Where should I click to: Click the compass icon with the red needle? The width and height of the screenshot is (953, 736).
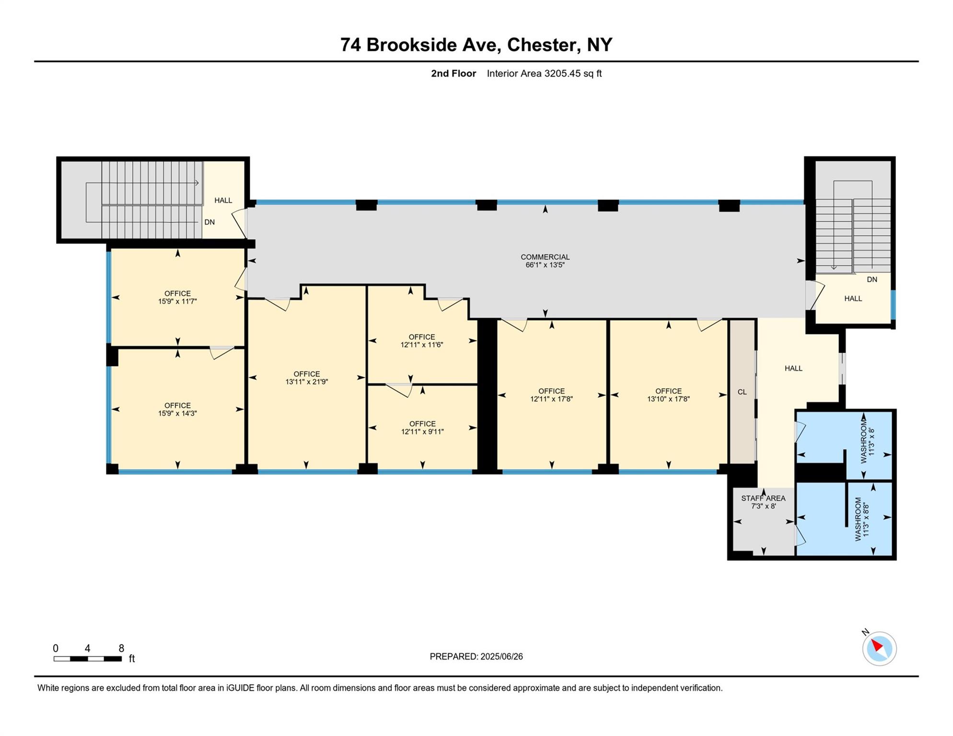[879, 648]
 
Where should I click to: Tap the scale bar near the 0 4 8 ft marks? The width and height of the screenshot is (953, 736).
[87, 658]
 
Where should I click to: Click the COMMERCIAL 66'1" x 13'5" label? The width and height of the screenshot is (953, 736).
[545, 261]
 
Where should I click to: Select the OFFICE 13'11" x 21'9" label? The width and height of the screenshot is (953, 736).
[306, 378]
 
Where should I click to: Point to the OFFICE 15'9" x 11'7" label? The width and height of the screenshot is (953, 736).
[177, 297]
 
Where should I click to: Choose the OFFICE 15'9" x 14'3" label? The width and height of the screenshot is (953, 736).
[177, 409]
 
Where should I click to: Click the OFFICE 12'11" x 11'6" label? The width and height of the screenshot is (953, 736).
[422, 341]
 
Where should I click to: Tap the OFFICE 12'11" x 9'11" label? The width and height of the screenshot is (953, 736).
[422, 427]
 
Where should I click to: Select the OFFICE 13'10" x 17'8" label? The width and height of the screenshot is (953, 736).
[668, 395]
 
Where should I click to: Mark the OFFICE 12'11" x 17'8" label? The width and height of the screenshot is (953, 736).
[551, 395]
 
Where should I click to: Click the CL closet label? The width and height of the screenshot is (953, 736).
[742, 392]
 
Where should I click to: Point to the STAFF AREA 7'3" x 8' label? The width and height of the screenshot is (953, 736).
[763, 502]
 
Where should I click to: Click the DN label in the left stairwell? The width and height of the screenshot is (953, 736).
[209, 222]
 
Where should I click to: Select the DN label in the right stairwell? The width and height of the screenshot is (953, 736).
[872, 279]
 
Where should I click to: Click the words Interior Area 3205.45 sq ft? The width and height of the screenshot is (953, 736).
[544, 73]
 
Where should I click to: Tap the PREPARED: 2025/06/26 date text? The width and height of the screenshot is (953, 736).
[476, 656]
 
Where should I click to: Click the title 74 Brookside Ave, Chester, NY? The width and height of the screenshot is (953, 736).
[476, 45]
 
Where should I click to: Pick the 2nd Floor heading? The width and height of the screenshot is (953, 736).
[453, 73]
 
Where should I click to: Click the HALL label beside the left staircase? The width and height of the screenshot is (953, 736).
[223, 200]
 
